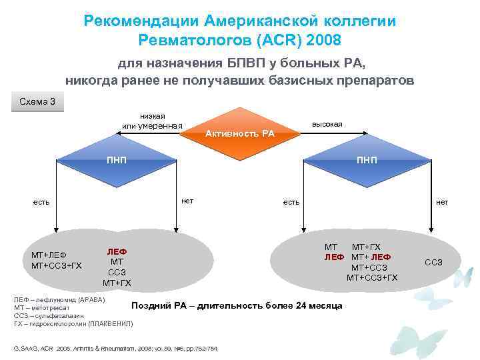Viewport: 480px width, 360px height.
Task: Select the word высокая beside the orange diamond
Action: coord(327,125)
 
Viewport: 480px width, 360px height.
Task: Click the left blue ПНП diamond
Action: coord(117,161)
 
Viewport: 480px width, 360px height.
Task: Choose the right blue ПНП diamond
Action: coord(365,161)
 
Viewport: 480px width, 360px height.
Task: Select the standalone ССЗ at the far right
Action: coord(433,262)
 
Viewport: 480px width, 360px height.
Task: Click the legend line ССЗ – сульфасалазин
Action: coord(47,315)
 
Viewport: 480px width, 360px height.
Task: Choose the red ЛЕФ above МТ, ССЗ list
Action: coord(117,252)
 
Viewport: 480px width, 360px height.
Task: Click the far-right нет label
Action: coord(442,201)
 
